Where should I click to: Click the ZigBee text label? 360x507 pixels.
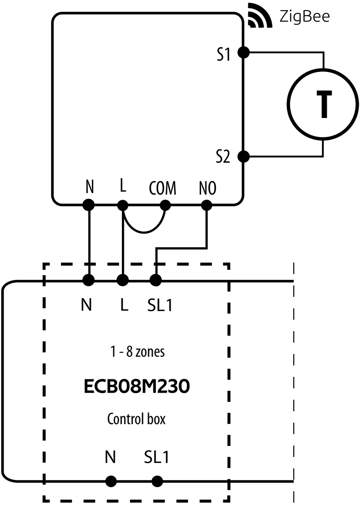[x=305, y=17]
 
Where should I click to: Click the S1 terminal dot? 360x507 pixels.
[x=243, y=52]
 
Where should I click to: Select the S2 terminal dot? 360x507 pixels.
[x=243, y=156]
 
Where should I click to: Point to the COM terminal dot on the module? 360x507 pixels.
[x=165, y=205]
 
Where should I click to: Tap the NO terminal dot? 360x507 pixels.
[x=207, y=205]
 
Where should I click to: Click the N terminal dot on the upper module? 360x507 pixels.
[x=89, y=205]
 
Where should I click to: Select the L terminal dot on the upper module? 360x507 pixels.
[x=122, y=205]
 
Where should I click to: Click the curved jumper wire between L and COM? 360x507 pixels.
[x=144, y=232]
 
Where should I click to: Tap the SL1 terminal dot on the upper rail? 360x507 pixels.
[x=156, y=280]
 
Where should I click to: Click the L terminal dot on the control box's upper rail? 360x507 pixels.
[x=122, y=280]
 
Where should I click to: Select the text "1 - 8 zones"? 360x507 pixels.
[x=137, y=352]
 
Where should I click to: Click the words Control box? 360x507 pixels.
[x=136, y=419]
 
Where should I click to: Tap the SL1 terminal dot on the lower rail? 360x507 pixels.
[x=157, y=481]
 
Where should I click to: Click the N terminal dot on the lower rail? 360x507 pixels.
[x=111, y=481]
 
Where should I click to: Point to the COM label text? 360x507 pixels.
[x=162, y=188]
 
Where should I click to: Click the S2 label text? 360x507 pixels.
[x=222, y=157]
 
